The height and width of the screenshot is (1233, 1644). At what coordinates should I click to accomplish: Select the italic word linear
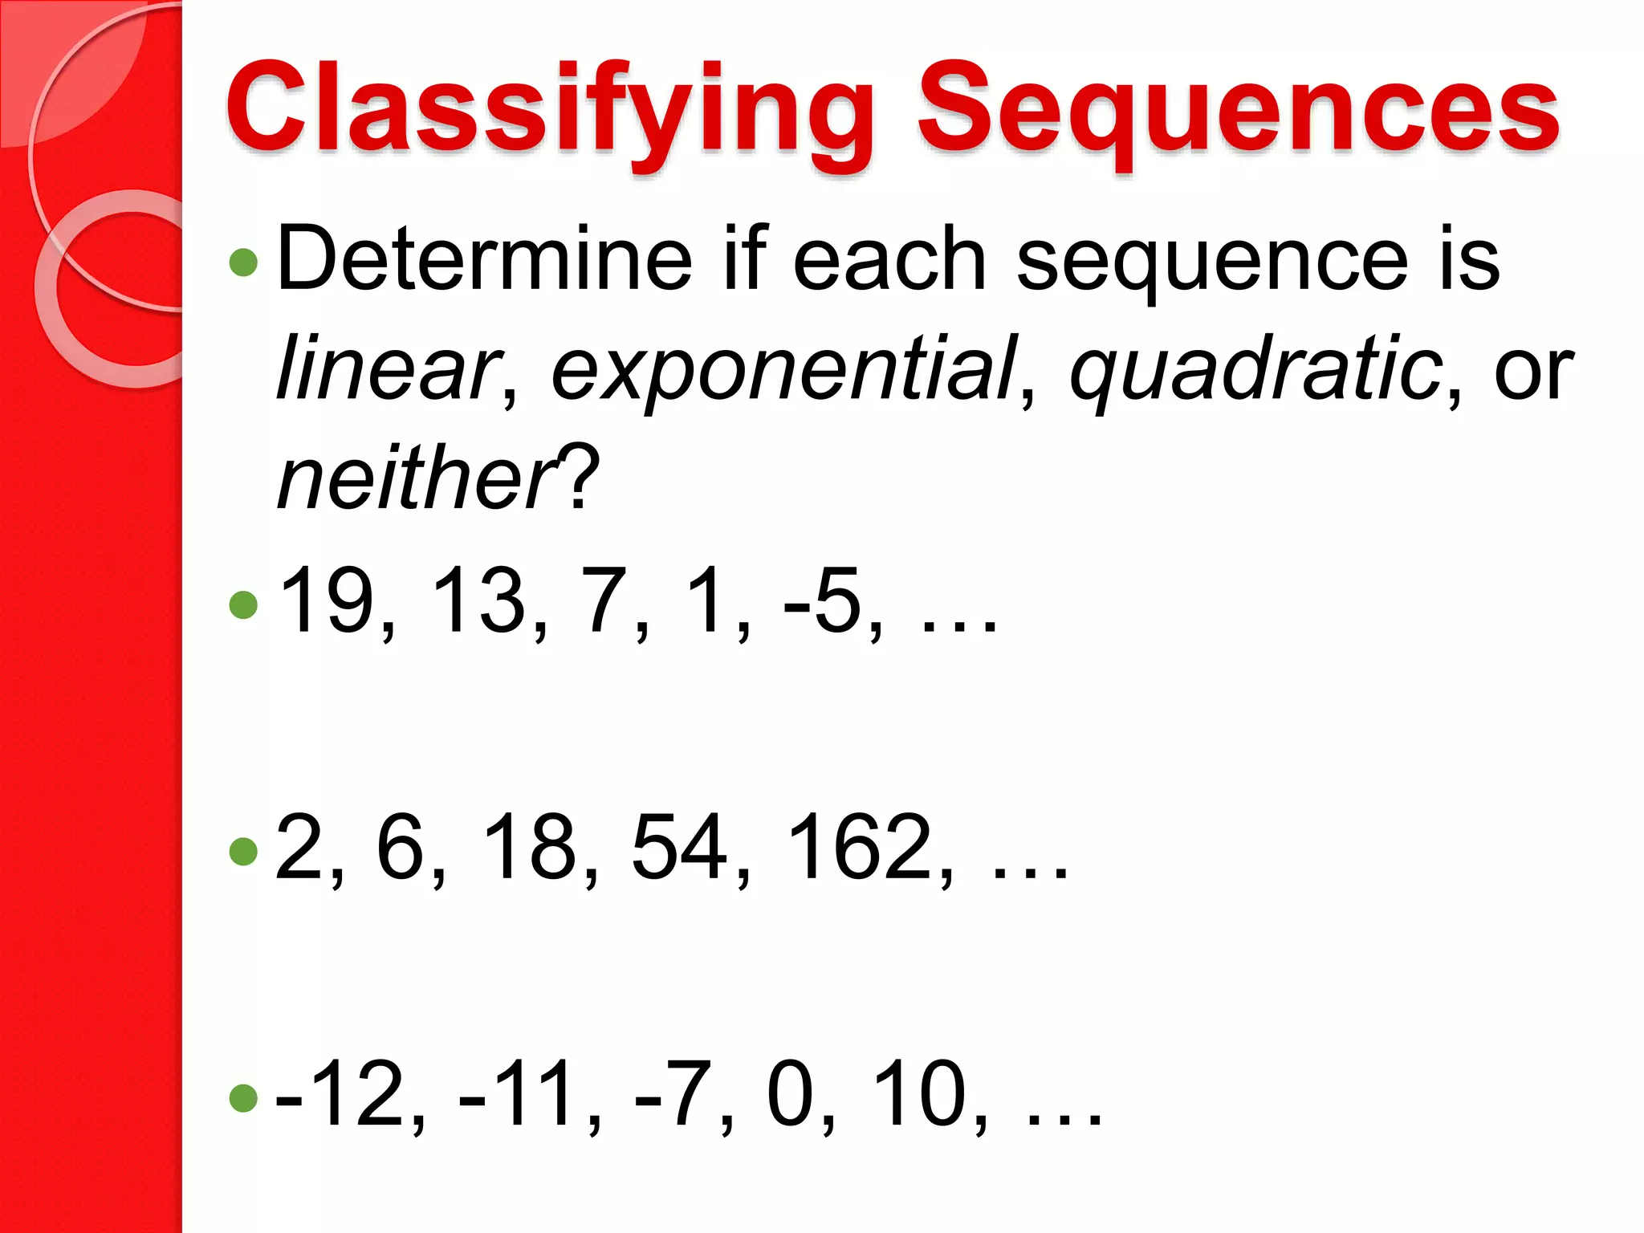pos(388,369)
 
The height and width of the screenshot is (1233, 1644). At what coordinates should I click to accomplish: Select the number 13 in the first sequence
pos(479,600)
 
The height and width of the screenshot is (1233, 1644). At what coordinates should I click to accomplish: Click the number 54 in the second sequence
pos(679,846)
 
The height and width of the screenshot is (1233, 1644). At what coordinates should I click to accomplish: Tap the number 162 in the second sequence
pos(858,846)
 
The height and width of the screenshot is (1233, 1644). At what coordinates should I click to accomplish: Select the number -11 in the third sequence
pos(519,1093)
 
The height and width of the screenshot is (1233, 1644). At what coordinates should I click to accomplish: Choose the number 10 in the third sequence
pos(918,1093)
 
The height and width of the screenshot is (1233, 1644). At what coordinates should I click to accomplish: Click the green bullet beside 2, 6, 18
pos(243,852)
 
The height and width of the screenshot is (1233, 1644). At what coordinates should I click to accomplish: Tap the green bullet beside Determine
pos(243,262)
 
